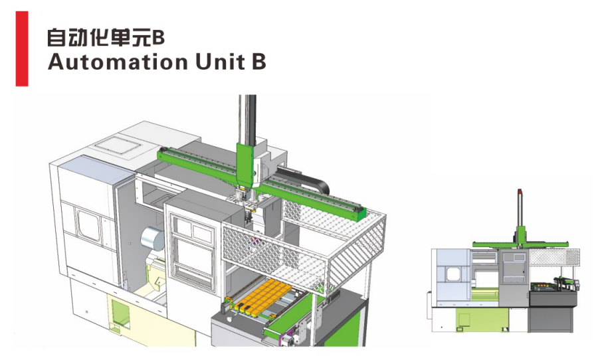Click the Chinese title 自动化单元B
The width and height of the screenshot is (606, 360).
[x=106, y=37]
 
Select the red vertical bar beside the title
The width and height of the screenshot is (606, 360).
[x=22, y=48]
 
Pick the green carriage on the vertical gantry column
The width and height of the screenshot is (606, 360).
[x=245, y=164]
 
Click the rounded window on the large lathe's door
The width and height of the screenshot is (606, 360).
[x=89, y=225]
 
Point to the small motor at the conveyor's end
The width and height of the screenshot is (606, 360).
[x=288, y=341]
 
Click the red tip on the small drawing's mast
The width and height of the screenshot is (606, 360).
[x=520, y=191]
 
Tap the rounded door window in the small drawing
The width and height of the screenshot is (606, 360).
[x=453, y=274]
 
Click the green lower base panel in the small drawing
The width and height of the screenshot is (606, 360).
[x=482, y=318]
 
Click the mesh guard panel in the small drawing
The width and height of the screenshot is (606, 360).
[x=554, y=257]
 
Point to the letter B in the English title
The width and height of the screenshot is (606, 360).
[x=258, y=62]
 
